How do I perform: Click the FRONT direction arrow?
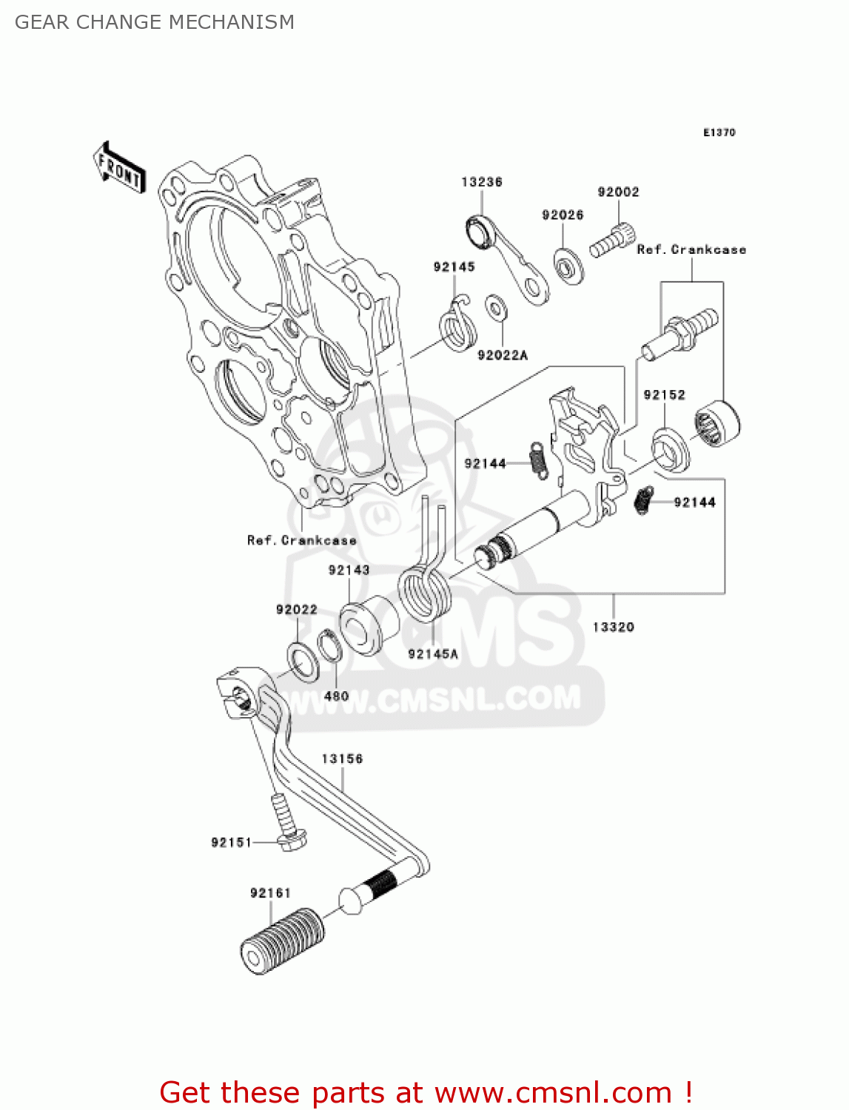click(119, 169)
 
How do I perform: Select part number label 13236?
click(481, 182)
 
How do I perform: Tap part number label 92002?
click(618, 192)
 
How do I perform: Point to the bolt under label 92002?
click(612, 240)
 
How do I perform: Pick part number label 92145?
click(454, 267)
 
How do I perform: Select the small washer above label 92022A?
click(495, 307)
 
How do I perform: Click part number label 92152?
click(664, 395)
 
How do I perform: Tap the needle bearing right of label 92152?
click(717, 423)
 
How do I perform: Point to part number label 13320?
click(613, 628)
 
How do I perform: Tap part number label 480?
click(336, 696)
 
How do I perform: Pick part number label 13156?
click(342, 759)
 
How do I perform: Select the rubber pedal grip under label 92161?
click(283, 941)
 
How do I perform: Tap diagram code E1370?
click(719, 132)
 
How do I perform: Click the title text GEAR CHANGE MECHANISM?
click(155, 22)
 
